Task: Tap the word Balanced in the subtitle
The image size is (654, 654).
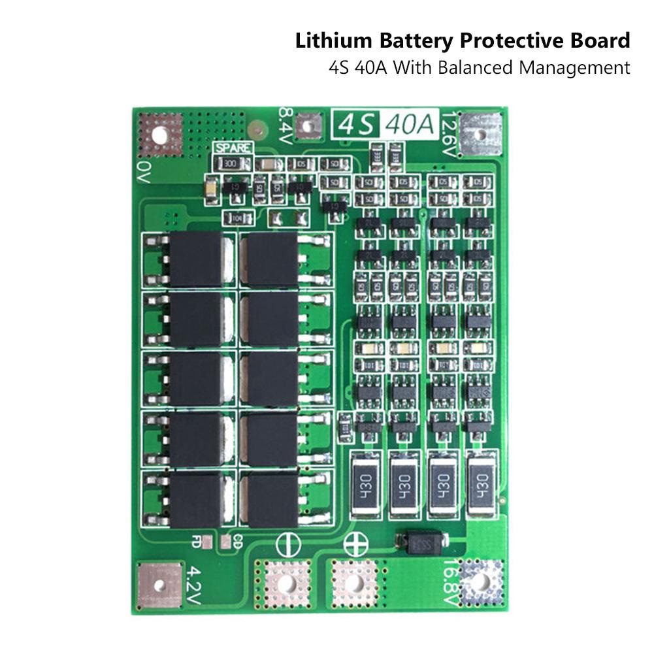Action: [481, 67]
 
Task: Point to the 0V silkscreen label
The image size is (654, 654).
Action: [144, 174]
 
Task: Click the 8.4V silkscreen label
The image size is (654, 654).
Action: [286, 122]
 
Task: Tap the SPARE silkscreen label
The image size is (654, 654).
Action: [233, 148]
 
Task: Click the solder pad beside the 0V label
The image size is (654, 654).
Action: [160, 134]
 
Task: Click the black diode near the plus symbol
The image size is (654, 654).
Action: [421, 542]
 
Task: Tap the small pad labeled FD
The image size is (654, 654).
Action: [206, 540]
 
